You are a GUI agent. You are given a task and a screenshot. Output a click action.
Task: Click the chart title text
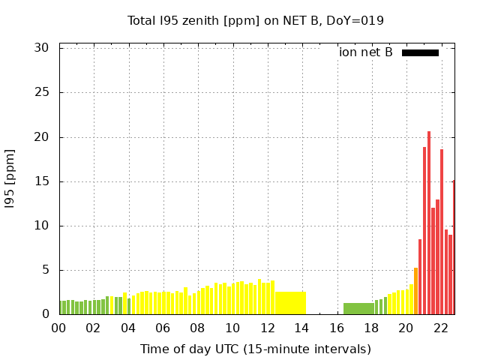point(255,20)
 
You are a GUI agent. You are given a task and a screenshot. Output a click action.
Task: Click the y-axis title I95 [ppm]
point(10,178)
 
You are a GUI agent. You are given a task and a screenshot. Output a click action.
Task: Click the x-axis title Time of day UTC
point(255,349)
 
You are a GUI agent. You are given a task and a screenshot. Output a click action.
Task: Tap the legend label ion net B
point(365,52)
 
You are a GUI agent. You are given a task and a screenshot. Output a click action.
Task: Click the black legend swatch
point(420,52)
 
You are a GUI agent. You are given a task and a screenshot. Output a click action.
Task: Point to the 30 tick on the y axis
point(42,48)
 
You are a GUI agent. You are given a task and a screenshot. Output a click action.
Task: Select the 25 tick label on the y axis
point(42,92)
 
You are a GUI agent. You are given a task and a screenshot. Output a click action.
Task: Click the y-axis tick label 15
point(42,181)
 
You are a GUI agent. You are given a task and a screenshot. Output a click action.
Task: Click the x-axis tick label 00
point(58,328)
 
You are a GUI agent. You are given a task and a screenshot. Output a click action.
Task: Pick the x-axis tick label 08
point(197,328)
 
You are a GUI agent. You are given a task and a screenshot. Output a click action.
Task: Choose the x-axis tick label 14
point(301,328)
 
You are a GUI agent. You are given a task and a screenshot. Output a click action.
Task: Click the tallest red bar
point(429,225)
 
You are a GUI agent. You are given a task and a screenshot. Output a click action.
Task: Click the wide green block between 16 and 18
point(358,308)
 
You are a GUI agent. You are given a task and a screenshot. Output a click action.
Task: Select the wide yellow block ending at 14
point(290,303)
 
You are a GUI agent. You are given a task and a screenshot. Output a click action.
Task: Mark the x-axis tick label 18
point(371,328)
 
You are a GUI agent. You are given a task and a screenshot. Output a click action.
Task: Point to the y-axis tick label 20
point(42,137)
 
